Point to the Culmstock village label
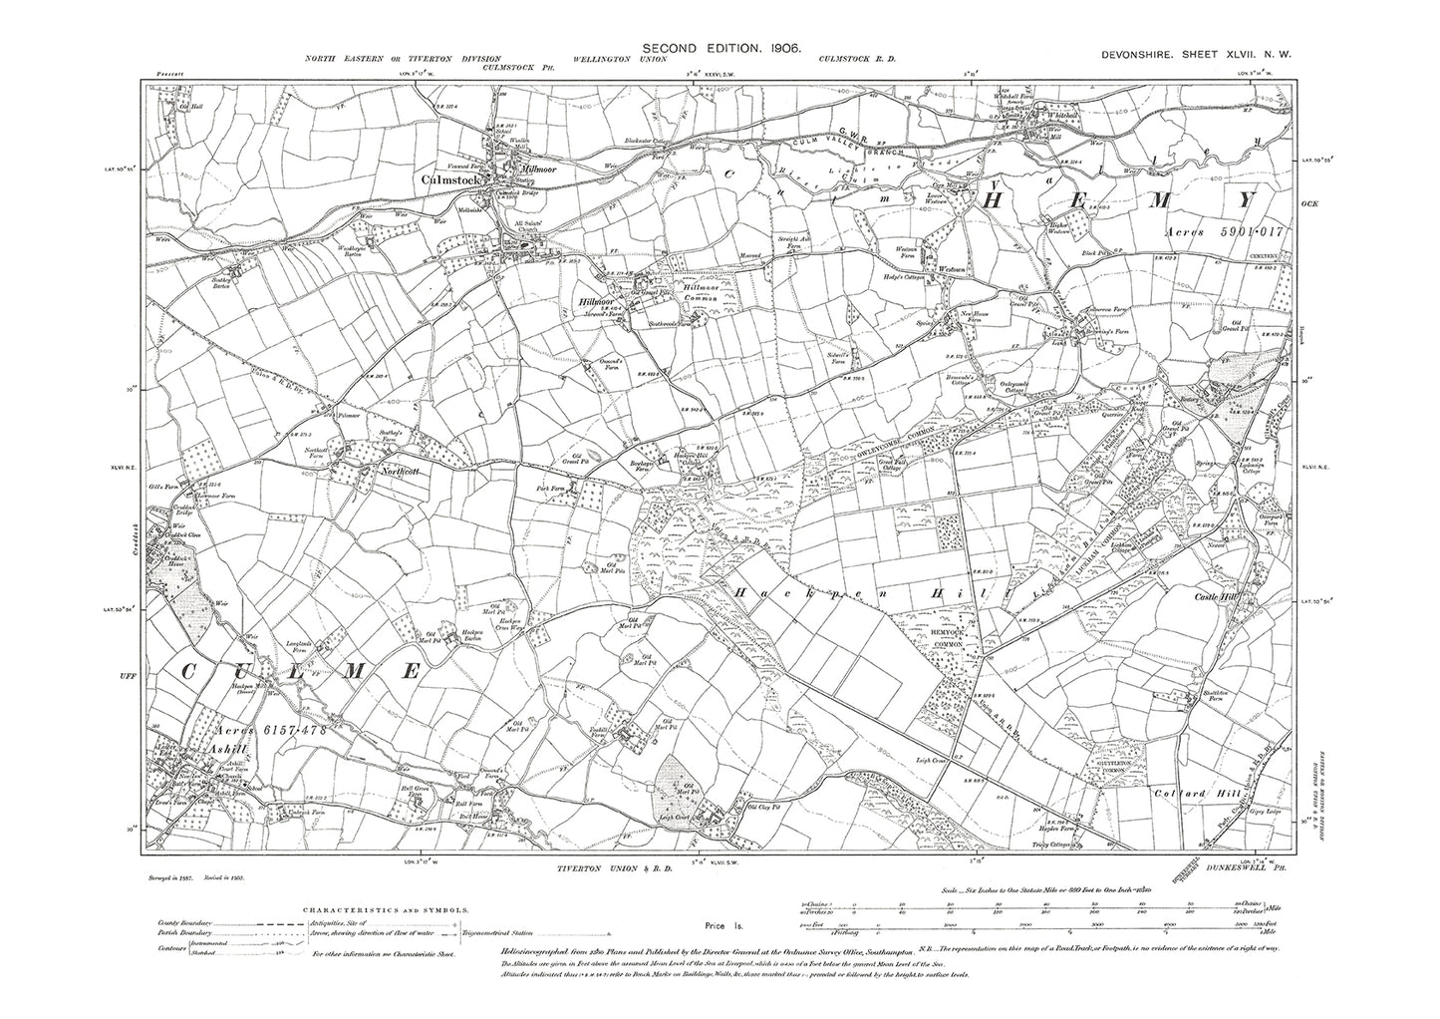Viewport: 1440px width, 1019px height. [451, 180]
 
